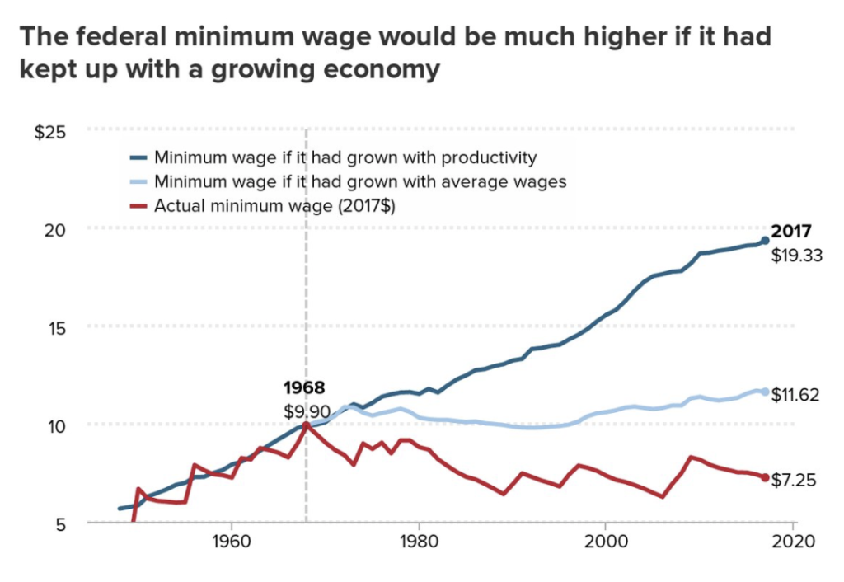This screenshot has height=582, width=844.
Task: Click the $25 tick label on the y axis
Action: [50, 132]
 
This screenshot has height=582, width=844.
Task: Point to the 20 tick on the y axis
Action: [55, 229]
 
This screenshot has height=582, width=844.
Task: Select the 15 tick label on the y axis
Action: [55, 326]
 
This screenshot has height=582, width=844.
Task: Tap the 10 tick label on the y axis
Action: [55, 425]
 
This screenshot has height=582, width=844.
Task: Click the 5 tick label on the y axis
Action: [60, 522]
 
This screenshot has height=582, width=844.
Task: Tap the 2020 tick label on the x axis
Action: [792, 542]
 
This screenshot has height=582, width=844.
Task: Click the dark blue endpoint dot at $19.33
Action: [765, 240]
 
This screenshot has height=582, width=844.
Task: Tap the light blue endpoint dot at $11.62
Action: [765, 392]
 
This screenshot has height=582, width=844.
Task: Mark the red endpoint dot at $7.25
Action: [765, 477]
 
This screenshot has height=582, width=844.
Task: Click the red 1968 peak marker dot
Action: [306, 425]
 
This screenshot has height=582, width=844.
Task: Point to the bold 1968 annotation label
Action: [304, 387]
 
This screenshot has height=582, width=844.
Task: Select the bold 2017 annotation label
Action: [792, 232]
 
